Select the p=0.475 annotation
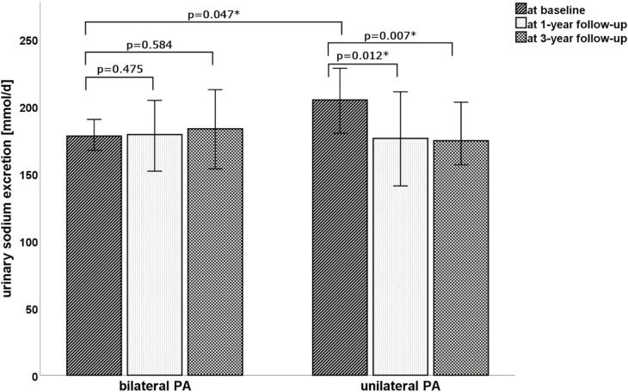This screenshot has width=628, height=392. click(120, 69)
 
